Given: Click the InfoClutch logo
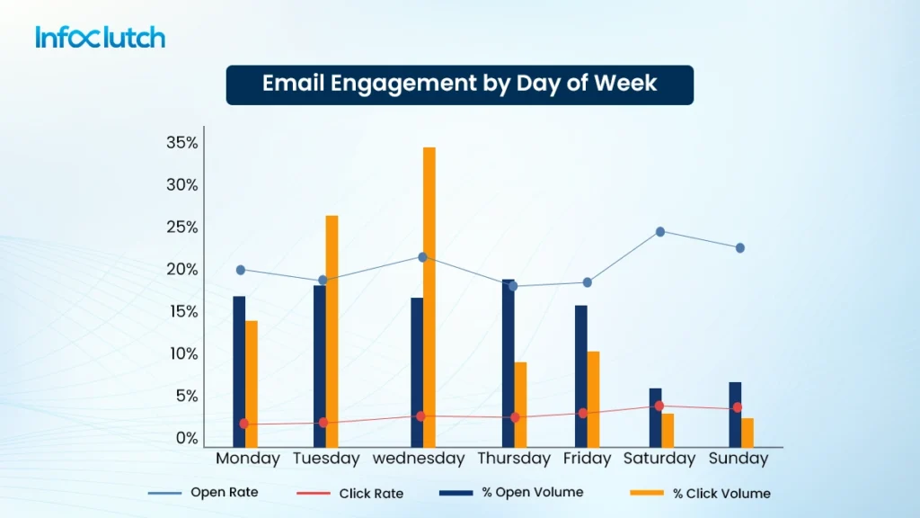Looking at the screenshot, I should click(x=100, y=38).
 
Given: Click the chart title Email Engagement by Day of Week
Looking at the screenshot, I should click(x=459, y=84).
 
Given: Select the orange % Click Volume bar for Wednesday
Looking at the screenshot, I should click(x=429, y=297).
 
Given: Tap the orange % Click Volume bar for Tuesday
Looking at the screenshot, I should click(x=332, y=331).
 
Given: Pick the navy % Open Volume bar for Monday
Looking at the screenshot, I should click(x=239, y=371).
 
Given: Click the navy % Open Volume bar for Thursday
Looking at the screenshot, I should click(x=509, y=363).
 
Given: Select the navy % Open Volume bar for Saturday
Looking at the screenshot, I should click(x=656, y=417).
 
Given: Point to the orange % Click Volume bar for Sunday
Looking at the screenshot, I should click(x=747, y=433).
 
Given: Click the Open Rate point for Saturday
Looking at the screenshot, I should click(x=660, y=231).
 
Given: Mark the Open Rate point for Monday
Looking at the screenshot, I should click(x=241, y=270).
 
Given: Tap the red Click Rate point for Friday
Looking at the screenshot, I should click(x=583, y=414).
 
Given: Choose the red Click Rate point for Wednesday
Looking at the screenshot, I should click(x=421, y=416).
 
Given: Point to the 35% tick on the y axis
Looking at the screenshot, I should click(x=182, y=143).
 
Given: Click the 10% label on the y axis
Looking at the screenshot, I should click(x=182, y=353).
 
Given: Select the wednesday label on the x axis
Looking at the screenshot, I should click(x=419, y=459).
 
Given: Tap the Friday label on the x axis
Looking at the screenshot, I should click(x=587, y=459).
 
